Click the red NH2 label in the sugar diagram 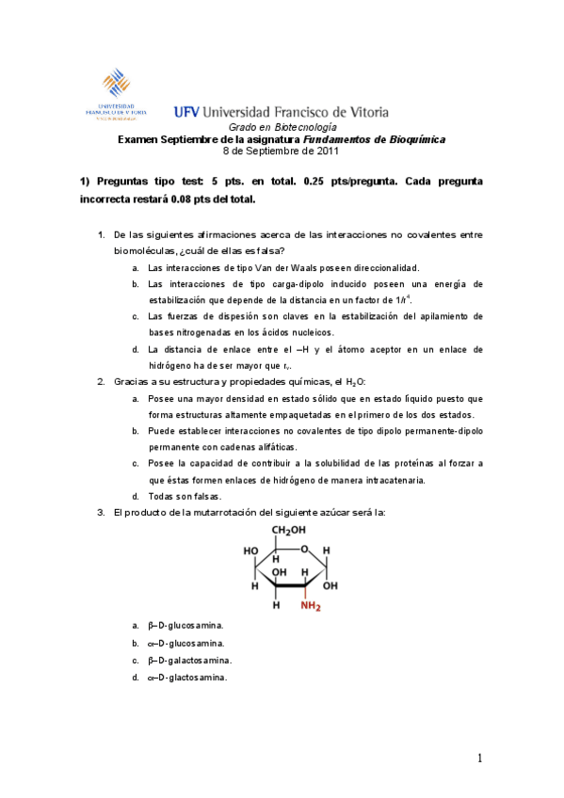(311, 606)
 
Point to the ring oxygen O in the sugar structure (304, 551)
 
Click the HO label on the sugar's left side (251, 551)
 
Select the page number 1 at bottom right (480, 758)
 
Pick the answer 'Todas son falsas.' (184, 496)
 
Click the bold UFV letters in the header (186, 111)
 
